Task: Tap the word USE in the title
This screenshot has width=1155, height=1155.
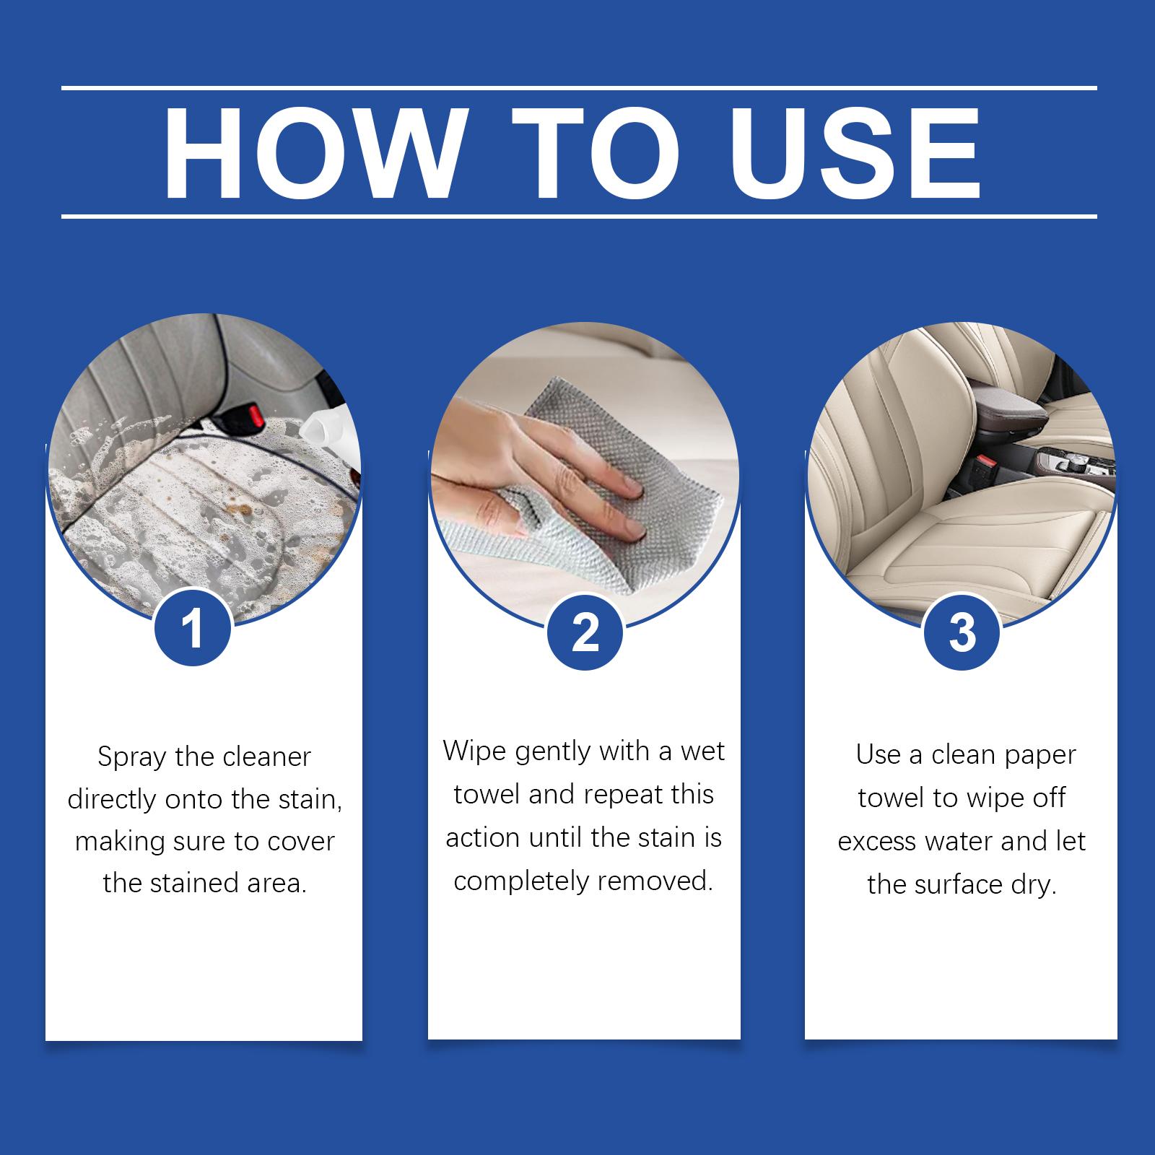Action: (x=857, y=154)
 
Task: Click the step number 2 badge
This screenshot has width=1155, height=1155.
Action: (x=585, y=633)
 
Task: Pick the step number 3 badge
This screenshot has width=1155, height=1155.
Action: (x=962, y=632)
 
